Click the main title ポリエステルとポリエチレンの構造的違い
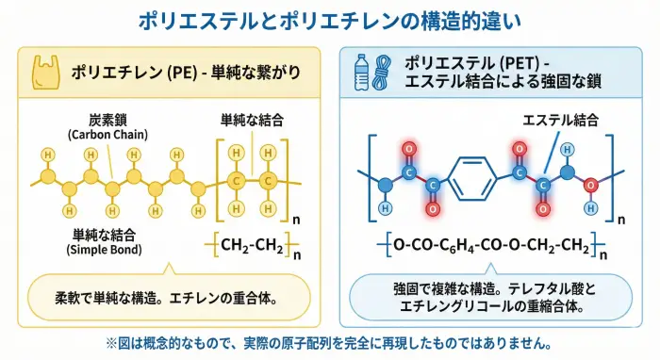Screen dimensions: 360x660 pos(329,19)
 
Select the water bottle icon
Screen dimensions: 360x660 pos(361,72)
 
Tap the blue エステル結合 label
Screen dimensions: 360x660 pos(558,120)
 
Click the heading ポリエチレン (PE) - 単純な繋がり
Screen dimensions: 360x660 pos(179,68)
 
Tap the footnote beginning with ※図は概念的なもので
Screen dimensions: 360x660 pos(329,343)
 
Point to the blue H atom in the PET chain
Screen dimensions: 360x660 pos(384,206)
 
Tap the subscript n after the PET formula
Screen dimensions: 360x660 pos(603,254)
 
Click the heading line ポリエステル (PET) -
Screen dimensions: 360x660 pos(470,63)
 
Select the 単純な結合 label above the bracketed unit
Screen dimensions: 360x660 pos(252,120)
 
